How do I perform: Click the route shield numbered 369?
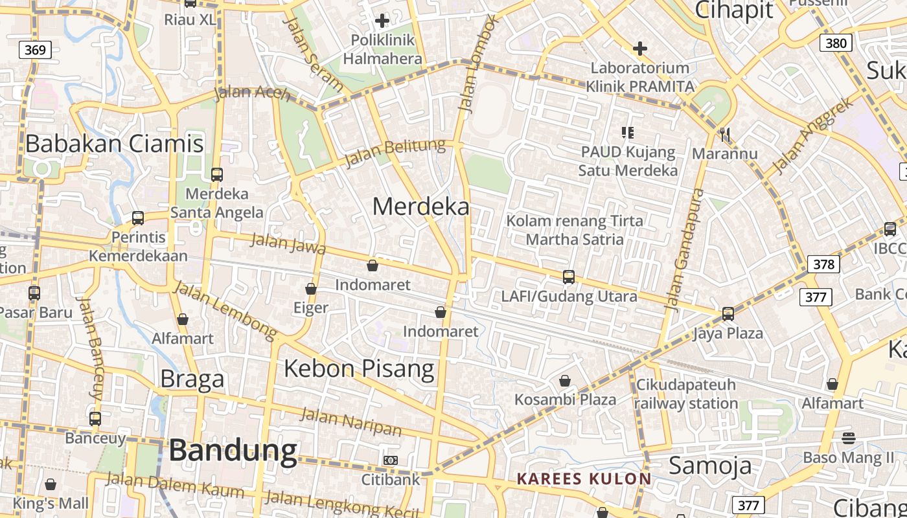click(35, 50)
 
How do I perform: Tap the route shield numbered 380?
click(836, 43)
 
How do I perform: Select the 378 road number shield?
click(823, 264)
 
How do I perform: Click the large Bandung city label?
click(233, 451)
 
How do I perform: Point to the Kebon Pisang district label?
click(359, 368)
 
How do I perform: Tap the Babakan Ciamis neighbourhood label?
click(115, 143)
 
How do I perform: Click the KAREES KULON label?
click(584, 479)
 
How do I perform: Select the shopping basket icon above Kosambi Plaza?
click(565, 380)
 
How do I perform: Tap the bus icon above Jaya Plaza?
click(728, 314)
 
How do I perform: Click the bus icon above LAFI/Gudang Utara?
click(569, 277)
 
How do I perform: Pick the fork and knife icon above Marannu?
click(724, 135)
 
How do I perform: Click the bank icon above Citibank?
click(391, 460)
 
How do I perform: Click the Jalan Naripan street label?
click(350, 422)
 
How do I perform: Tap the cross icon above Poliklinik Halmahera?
click(382, 20)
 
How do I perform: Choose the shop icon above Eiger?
click(311, 289)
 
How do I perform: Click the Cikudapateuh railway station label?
click(686, 394)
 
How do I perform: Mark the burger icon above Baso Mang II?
click(849, 438)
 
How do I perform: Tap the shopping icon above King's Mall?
click(51, 484)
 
